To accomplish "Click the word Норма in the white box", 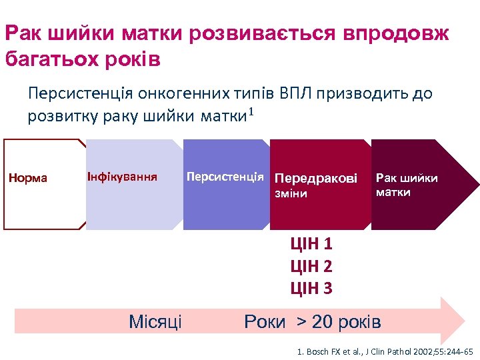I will point(27,178).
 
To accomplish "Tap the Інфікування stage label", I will point(122,177).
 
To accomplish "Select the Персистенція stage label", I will point(225,177).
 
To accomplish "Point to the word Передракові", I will point(316,179).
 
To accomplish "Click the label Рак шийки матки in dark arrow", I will point(407,185).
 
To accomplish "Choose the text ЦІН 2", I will point(311,266).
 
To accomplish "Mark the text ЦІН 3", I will point(311,288).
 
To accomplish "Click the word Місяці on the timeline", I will point(155,323).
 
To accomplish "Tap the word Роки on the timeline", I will point(265,323).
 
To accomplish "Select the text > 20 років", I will point(338,323).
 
